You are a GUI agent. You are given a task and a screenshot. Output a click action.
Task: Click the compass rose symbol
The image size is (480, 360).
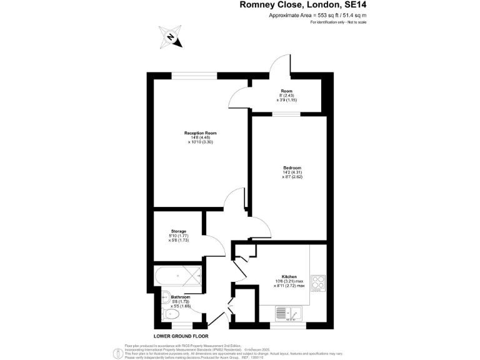170,37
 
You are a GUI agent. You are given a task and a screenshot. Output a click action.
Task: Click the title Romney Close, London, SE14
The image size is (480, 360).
303,5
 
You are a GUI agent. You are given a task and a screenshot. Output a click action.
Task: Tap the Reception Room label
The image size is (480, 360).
200,133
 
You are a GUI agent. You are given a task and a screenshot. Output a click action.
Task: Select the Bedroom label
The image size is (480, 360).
292,168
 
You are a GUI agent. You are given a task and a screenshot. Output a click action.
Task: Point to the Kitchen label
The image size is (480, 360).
288,276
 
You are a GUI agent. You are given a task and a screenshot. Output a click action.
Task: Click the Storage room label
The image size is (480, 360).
179,231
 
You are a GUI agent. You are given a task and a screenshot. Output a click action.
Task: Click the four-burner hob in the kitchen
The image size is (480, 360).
317,283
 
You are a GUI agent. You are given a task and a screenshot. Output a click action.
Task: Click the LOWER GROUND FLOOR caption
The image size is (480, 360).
181,336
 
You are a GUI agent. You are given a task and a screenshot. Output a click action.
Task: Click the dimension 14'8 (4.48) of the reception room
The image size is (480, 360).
200,137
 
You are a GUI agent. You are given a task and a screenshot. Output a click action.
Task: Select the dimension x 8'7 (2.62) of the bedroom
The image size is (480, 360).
292,177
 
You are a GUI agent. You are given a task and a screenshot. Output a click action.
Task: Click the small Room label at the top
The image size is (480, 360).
286,91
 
